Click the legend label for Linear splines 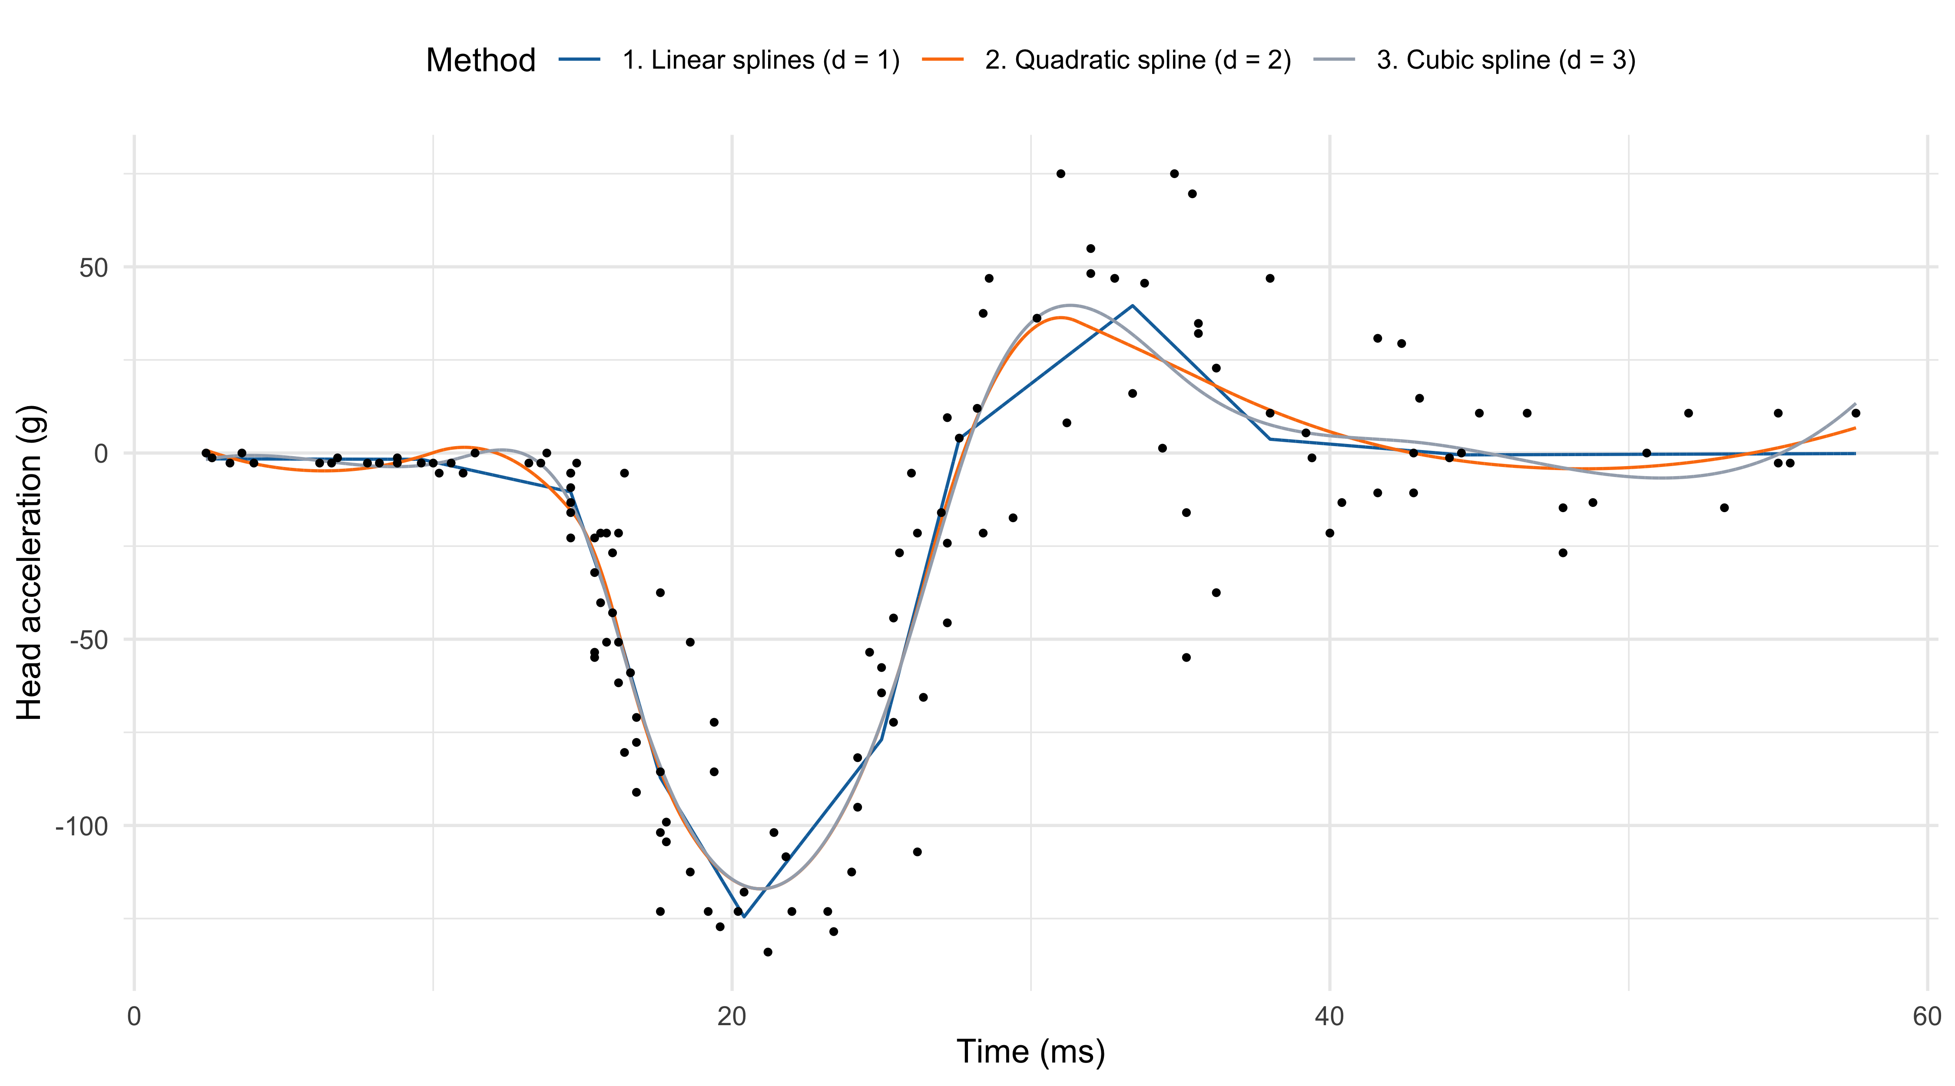pyautogui.click(x=760, y=60)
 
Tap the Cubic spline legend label pyautogui.click(x=1506, y=60)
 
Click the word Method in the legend pyautogui.click(x=480, y=60)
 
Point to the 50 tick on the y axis pyautogui.click(x=94, y=268)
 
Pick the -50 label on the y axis pyautogui.click(x=89, y=640)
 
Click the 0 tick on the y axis pyautogui.click(x=101, y=454)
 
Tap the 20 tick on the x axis pyautogui.click(x=732, y=1016)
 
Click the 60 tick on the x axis pyautogui.click(x=1927, y=1016)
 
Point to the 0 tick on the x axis pyautogui.click(x=134, y=1016)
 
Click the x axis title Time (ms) pyautogui.click(x=1030, y=1052)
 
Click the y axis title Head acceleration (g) pyautogui.click(x=30, y=563)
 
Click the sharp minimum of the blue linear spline pyautogui.click(x=744, y=917)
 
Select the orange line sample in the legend pyautogui.click(x=943, y=59)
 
